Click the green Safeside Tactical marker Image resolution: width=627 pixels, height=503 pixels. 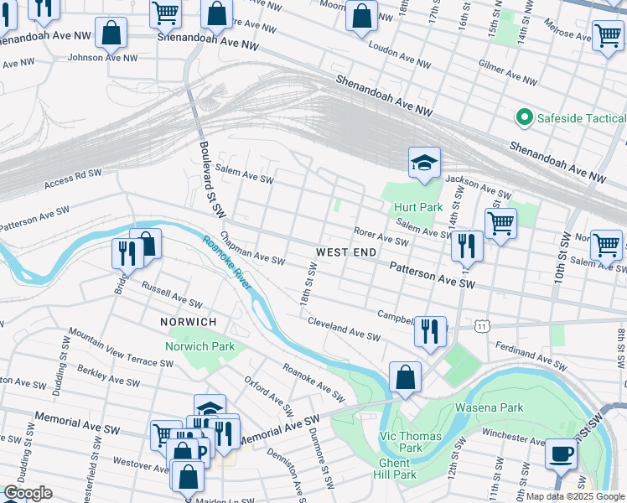[526, 117]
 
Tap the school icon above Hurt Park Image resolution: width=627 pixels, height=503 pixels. [424, 161]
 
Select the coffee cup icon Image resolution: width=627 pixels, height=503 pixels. [561, 454]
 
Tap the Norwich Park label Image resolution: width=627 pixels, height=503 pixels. [199, 345]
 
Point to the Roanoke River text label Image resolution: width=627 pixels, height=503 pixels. [227, 262]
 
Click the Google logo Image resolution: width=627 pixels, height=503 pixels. [28, 493]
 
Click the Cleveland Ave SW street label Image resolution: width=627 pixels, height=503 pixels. [344, 329]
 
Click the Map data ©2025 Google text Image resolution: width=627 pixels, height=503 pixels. [573, 496]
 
